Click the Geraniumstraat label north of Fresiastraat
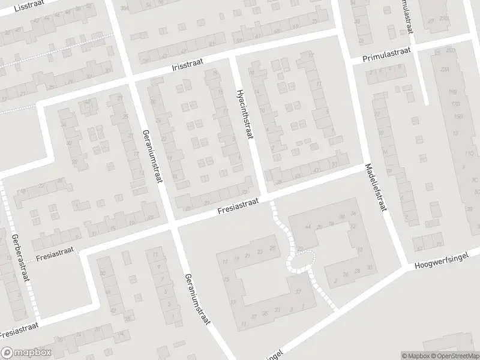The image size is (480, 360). click(152, 157)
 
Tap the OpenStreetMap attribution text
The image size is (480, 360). click(458, 356)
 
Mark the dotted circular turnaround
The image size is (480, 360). click(301, 260)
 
